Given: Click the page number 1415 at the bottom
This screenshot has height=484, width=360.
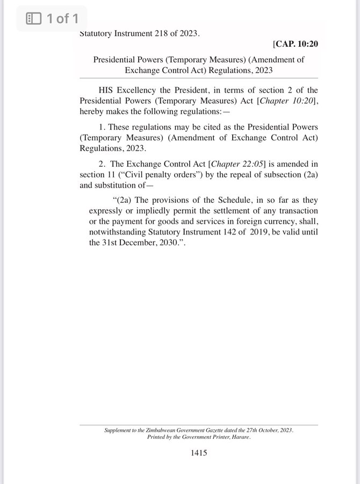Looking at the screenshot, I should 199,453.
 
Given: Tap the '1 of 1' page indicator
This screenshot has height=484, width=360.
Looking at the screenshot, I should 62,19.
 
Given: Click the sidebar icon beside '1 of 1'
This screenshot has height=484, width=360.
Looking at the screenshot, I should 34,19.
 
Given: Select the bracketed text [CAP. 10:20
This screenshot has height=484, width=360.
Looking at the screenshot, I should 295,44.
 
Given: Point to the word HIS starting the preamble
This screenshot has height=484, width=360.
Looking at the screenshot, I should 107,90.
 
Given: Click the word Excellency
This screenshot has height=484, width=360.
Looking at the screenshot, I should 141,90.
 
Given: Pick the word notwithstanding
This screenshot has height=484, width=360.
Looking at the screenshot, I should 116,231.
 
